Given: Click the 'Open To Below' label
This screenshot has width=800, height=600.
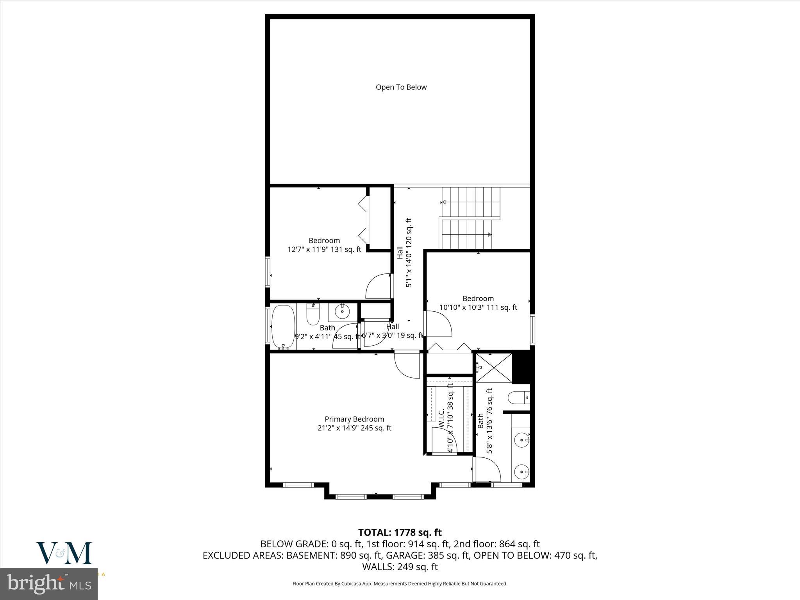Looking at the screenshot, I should tap(401, 87).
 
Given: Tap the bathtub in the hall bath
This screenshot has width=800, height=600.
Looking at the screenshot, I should tap(282, 327).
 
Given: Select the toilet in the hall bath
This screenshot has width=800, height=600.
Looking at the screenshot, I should tap(313, 315).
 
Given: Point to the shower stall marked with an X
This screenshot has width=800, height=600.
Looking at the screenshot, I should tap(494, 368).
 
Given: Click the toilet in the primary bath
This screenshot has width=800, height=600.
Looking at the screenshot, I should tap(518, 398).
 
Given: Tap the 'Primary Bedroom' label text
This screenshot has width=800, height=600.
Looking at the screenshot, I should tap(354, 419).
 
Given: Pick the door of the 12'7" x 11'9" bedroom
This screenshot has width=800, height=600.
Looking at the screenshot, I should tap(378, 287).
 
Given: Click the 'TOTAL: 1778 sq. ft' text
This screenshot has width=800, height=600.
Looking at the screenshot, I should tap(400, 532).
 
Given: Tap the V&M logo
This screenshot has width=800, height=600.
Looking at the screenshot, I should tap(64, 553).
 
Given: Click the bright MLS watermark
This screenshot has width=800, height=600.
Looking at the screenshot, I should tap(49, 584).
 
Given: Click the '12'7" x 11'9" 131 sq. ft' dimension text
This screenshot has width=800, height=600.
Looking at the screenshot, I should tap(324, 249).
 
